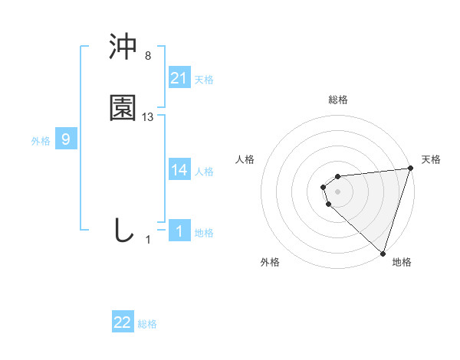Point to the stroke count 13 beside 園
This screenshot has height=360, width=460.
click(x=148, y=117)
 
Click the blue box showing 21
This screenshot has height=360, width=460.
click(x=179, y=78)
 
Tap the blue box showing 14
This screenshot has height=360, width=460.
click(x=179, y=170)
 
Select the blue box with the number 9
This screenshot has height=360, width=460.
click(x=66, y=139)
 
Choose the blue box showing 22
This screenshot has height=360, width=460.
click(x=123, y=322)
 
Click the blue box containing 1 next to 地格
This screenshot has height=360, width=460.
click(x=179, y=231)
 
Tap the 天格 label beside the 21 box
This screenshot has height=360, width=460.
click(x=204, y=80)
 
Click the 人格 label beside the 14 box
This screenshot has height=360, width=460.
click(x=204, y=172)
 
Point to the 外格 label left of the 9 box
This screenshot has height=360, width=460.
click(x=41, y=141)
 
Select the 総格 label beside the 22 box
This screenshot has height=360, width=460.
click(x=147, y=324)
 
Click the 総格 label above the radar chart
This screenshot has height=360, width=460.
click(x=338, y=100)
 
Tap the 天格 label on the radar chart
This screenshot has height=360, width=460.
click(x=432, y=159)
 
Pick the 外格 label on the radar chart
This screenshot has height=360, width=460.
click(x=270, y=262)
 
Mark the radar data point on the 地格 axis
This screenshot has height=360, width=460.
click(x=383, y=252)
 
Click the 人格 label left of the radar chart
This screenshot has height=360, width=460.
click(x=245, y=159)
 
